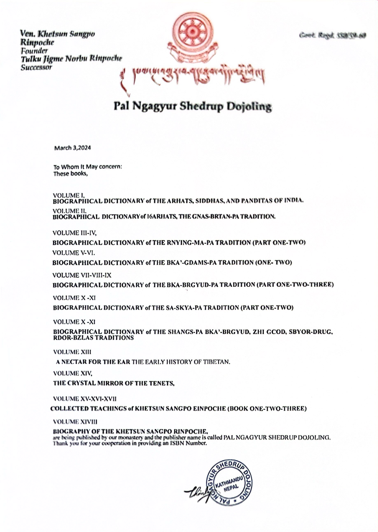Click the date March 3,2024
[72, 148]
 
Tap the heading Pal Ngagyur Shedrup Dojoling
[193, 106]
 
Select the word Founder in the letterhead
[34, 51]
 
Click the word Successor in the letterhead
[36, 67]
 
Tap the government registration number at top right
[332, 36]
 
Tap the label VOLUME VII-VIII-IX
[82, 275]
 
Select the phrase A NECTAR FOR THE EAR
[93, 362]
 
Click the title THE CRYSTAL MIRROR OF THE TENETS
[114, 383]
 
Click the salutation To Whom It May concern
[88, 167]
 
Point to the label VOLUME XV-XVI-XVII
[85, 399]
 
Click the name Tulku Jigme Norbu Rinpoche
[71, 59]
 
